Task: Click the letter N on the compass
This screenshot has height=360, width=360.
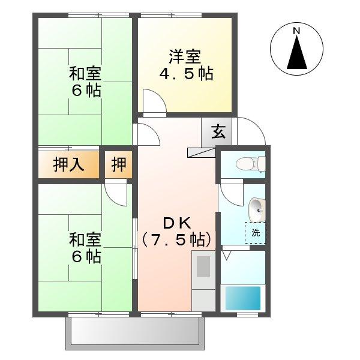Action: (296, 31)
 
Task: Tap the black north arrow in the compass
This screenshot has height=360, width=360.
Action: (296, 53)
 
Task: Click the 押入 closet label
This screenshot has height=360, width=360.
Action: (68, 164)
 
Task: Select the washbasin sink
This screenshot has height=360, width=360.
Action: (256, 209)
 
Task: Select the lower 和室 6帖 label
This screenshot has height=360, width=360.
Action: (85, 248)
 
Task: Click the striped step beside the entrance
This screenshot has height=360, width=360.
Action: (201, 152)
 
